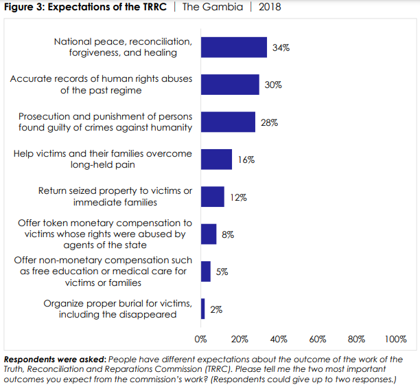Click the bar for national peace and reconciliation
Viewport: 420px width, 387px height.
pyautogui.click(x=233, y=47)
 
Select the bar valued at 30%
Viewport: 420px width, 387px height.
pyautogui.click(x=230, y=85)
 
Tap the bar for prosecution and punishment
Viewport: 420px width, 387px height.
pyautogui.click(x=228, y=122)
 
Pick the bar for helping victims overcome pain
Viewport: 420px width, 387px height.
pyautogui.click(x=216, y=159)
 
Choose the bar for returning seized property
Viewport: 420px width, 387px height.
pyautogui.click(x=212, y=197)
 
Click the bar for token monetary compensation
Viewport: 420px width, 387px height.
pyautogui.click(x=209, y=234)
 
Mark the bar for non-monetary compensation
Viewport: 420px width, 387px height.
pyautogui.click(x=206, y=272)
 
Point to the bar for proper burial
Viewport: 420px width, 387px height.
pyautogui.click(x=203, y=309)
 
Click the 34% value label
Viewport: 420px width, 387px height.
pyautogui.click(x=281, y=47)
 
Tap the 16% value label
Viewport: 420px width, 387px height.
pyautogui.click(x=246, y=159)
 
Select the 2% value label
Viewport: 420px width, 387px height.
pyautogui.click(x=216, y=309)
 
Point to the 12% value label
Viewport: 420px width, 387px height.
pyautogui.click(x=239, y=197)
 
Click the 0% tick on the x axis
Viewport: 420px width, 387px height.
pyautogui.click(x=201, y=339)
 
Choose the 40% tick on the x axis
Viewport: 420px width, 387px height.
pyautogui.click(x=279, y=339)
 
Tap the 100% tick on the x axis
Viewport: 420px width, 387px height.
pyautogui.click(x=396, y=339)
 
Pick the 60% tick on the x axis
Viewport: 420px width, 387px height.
pyautogui.click(x=318, y=339)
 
